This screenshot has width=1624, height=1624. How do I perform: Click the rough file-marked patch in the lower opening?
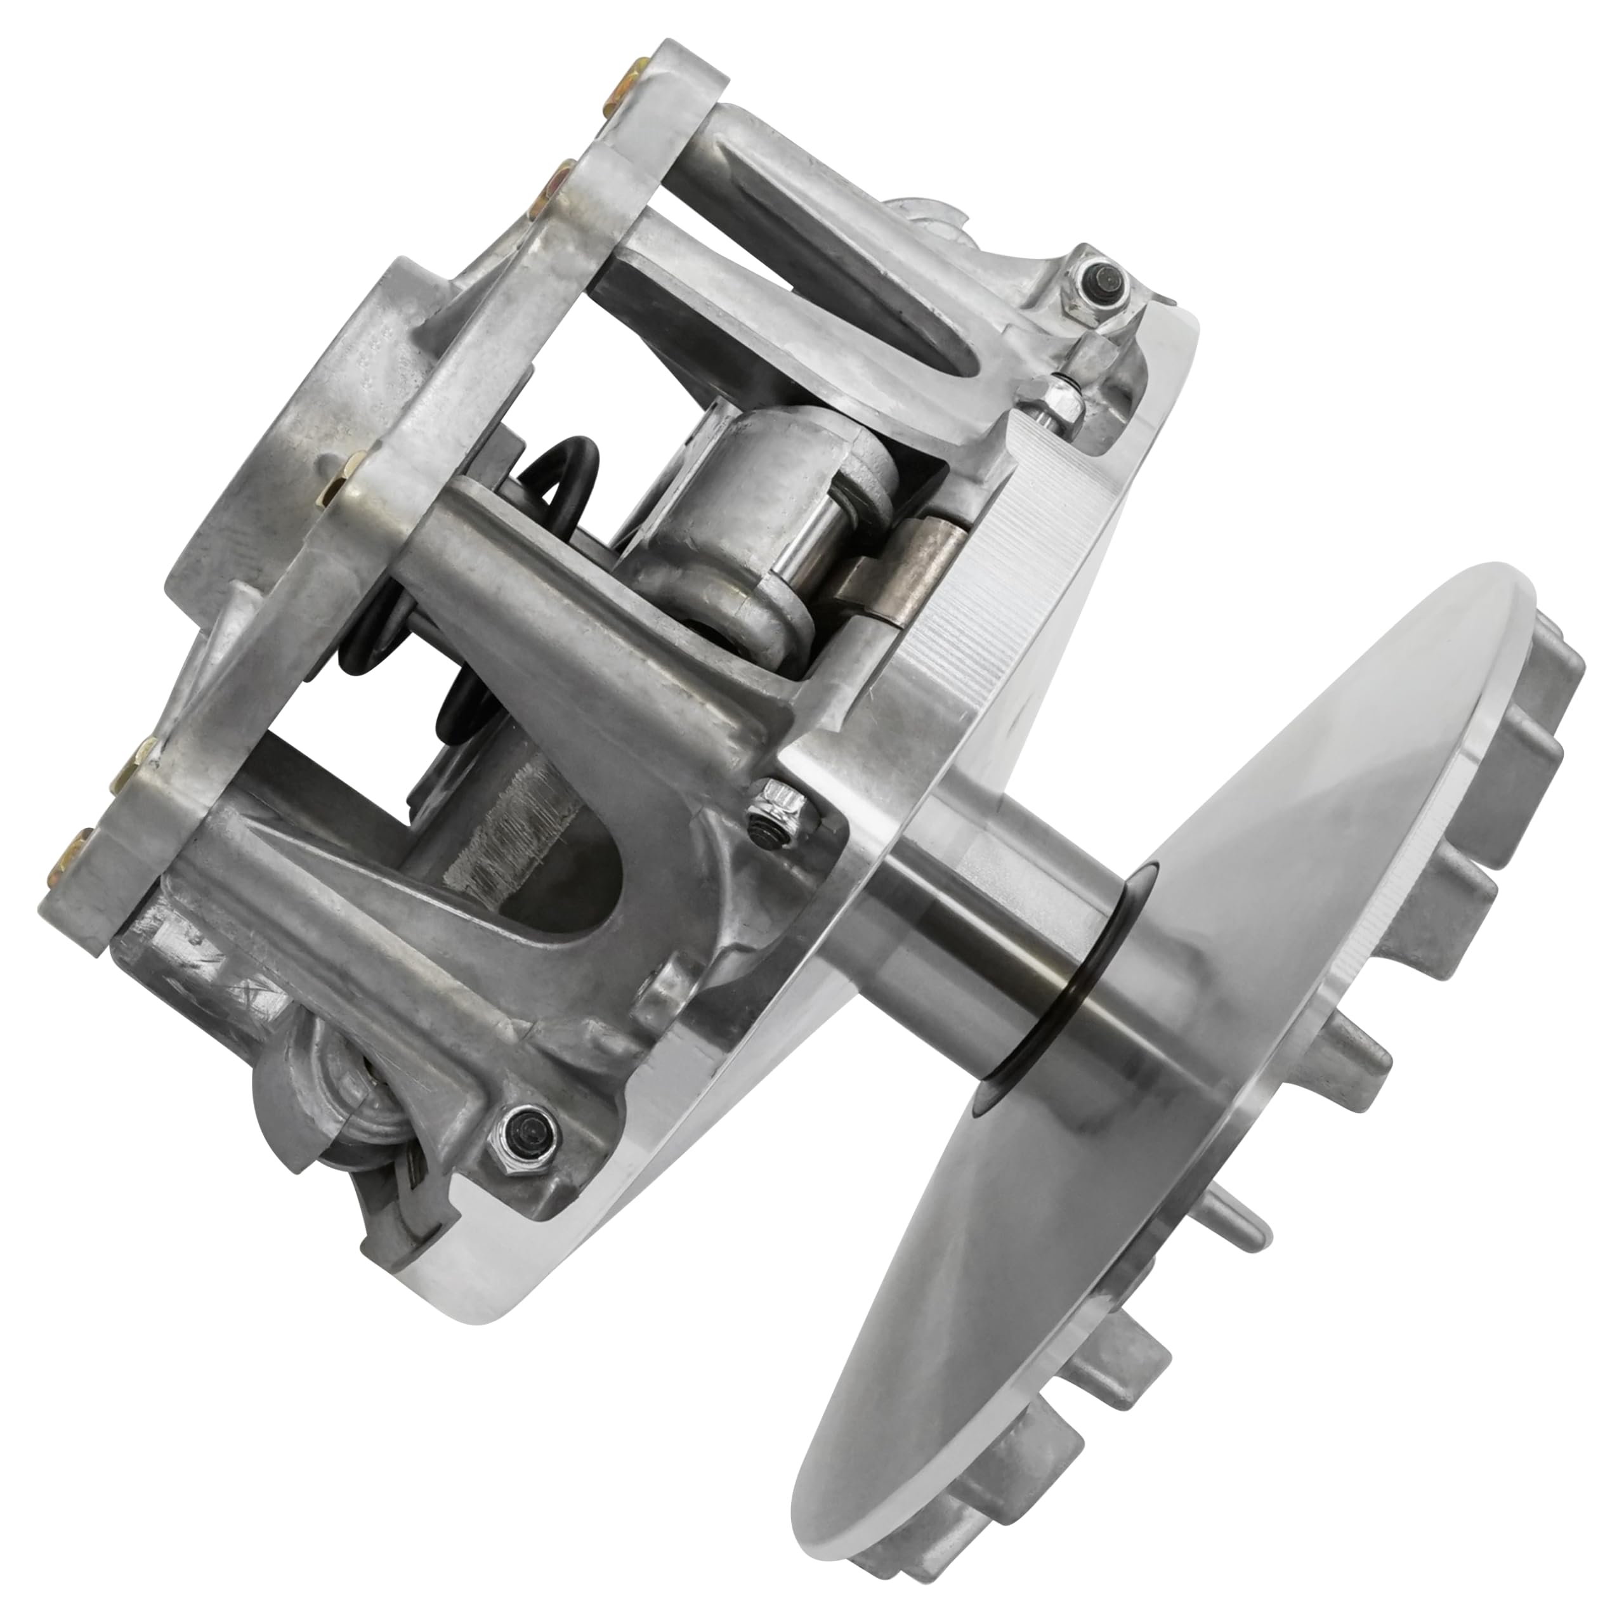(504, 832)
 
